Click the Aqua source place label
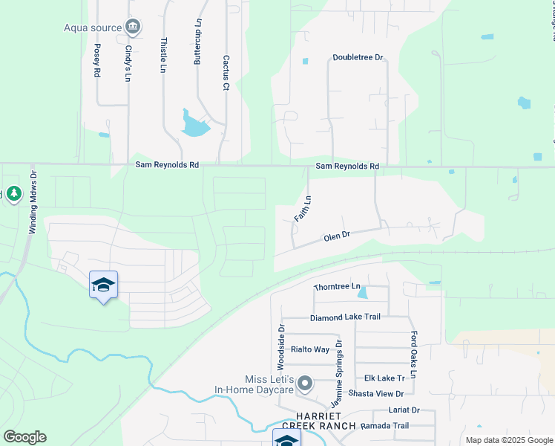(92, 28)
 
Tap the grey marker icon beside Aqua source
(133, 28)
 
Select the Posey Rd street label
(96, 59)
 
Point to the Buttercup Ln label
(198, 42)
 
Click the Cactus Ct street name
(226, 72)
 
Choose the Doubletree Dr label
(357, 57)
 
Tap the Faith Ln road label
(303, 209)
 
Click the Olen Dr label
(336, 236)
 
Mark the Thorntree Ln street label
(337, 286)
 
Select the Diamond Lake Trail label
(345, 317)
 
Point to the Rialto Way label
(310, 349)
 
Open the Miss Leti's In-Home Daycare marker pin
(304, 384)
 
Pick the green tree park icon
(13, 194)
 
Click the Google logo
(24, 437)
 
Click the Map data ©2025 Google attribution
(508, 440)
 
